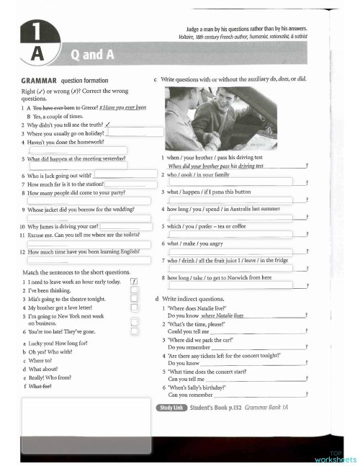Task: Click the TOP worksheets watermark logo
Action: [x=336, y=456]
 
